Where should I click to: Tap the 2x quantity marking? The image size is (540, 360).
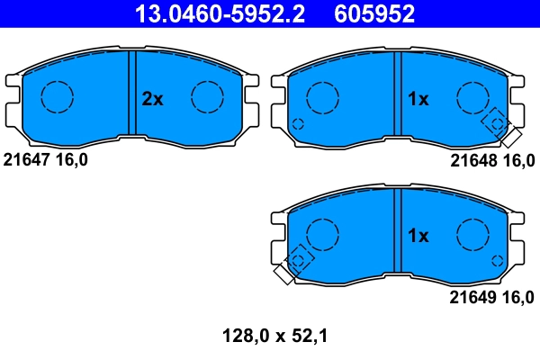click(153, 100)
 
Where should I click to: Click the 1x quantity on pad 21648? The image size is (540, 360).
click(418, 100)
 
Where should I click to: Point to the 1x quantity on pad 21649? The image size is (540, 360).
click(418, 236)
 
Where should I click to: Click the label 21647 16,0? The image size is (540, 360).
click(50, 159)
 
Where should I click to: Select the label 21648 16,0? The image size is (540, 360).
click(491, 159)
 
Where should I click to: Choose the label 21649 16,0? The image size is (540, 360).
click(491, 296)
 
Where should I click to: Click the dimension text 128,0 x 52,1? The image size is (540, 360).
click(274, 337)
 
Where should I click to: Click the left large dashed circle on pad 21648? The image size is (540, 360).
click(322, 97)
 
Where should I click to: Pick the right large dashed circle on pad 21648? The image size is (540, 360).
click(472, 97)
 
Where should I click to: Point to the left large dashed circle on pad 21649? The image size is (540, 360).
click(322, 234)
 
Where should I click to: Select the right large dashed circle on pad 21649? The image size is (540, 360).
click(472, 234)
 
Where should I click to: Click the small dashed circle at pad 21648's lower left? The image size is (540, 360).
click(298, 123)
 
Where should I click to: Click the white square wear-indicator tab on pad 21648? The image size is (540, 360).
click(511, 138)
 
